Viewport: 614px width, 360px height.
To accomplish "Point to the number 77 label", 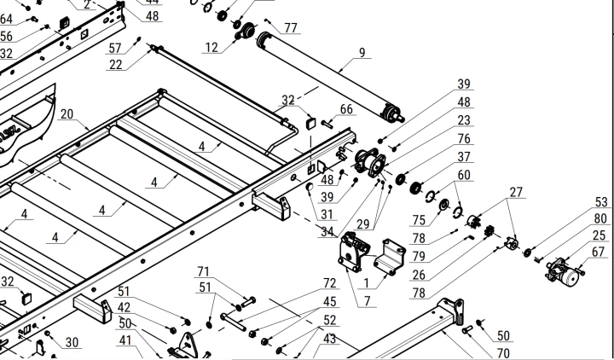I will click(x=292, y=28).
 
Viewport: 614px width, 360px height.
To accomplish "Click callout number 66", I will click(x=345, y=109).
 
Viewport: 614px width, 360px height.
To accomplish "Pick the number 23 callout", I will click(x=464, y=120).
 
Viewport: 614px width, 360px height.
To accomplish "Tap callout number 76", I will click(x=464, y=138).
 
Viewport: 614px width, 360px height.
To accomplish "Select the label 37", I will click(x=464, y=156).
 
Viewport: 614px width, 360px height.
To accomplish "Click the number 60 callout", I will click(x=464, y=175).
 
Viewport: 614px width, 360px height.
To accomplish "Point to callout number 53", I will click(x=602, y=201).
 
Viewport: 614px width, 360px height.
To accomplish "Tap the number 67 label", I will click(x=599, y=252).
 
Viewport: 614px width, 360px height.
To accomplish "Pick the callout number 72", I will click(x=329, y=282).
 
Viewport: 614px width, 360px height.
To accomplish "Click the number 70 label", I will click(x=503, y=352).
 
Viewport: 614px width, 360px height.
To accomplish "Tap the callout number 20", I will click(x=67, y=113).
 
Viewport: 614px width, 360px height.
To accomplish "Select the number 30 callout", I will click(x=72, y=342).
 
